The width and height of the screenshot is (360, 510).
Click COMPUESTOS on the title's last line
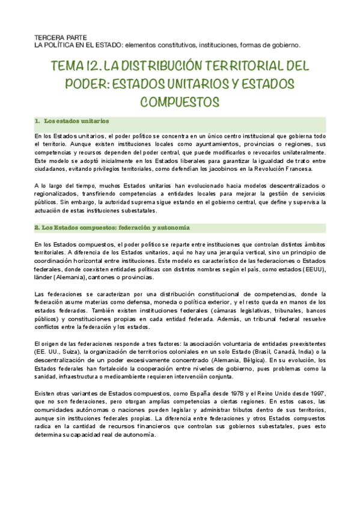[180, 100]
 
